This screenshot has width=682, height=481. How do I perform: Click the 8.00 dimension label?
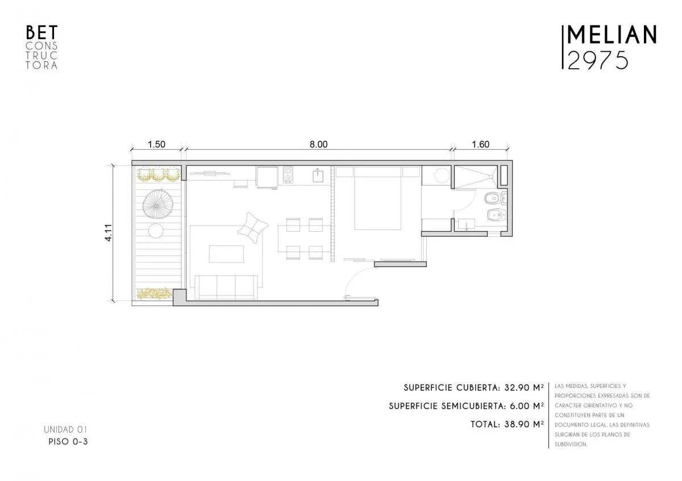click(318, 144)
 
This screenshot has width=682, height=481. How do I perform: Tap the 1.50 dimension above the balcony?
click(156, 144)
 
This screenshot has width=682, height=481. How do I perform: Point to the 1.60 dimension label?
click(481, 144)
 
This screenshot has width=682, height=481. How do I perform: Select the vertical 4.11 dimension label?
click(109, 233)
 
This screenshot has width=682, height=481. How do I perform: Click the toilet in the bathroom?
click(492, 199)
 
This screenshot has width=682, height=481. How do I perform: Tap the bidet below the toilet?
click(496, 216)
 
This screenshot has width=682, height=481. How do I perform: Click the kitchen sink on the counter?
click(318, 175)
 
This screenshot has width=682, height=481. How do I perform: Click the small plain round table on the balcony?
click(156, 231)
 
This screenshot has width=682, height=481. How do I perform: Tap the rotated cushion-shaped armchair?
click(252, 228)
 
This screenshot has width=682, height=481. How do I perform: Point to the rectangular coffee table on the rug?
click(226, 254)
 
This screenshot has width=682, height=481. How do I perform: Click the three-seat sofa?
click(226, 287)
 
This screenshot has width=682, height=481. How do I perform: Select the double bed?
click(377, 198)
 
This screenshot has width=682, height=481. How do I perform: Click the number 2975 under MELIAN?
click(598, 61)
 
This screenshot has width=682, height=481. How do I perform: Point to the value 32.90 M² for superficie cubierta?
click(524, 388)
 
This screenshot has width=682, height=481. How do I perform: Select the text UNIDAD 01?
click(65, 429)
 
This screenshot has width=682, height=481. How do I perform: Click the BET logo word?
click(41, 32)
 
